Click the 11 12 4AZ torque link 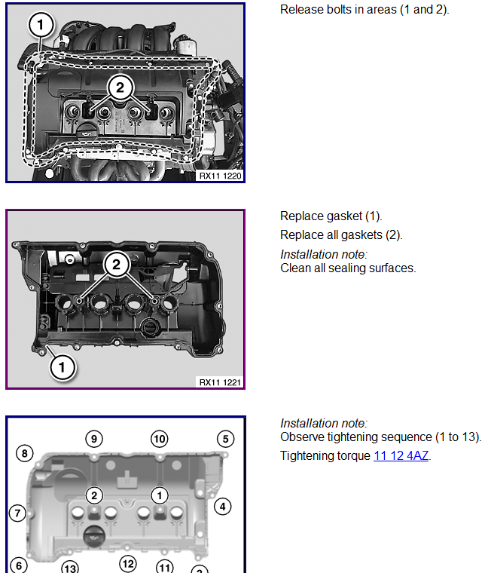401,455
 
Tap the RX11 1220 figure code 220,176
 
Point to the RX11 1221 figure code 220,382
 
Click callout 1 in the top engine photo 41,25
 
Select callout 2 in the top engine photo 120,87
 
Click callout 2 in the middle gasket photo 117,264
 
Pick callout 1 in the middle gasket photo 62,367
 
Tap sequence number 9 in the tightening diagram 94,439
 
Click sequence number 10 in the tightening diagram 160,439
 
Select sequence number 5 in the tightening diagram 225,439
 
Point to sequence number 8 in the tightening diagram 24,454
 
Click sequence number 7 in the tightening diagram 17,513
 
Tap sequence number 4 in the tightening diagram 223,507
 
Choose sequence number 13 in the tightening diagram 70,568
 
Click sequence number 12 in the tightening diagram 128,564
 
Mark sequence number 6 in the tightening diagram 19,565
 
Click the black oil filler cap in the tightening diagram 94,537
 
